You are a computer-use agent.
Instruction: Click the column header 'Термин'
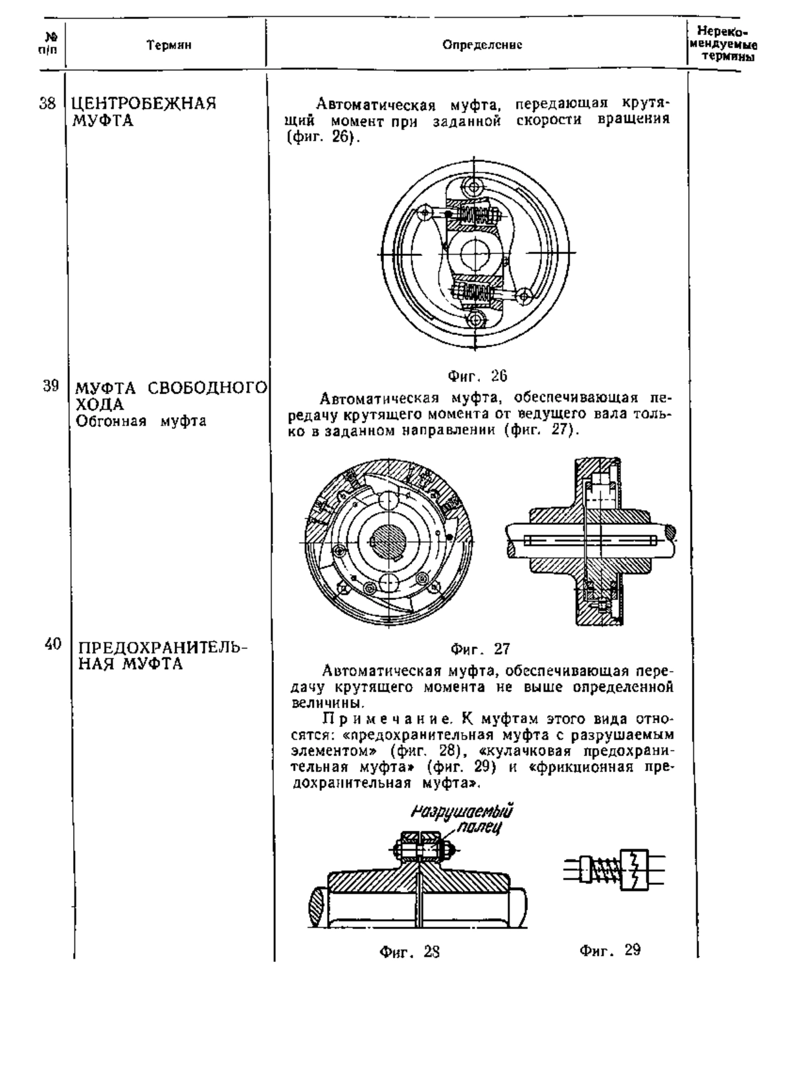coord(169,45)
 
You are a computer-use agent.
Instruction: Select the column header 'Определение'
coord(483,45)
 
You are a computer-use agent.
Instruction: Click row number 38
coord(47,104)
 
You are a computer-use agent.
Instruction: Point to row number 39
coord(51,386)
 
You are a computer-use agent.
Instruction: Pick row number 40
coord(53,644)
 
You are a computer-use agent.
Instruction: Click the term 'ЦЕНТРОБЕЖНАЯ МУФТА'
coord(144,112)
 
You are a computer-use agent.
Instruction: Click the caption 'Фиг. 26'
coord(477,376)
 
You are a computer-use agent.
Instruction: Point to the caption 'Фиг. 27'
coord(481,649)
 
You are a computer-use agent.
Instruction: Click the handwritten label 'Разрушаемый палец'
coord(463,819)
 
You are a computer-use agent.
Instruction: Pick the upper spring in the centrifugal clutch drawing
coord(477,213)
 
